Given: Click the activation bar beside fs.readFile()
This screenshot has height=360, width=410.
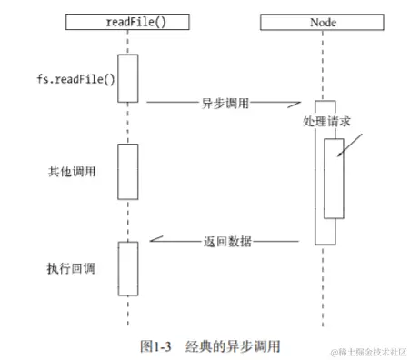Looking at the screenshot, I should pyautogui.click(x=127, y=78).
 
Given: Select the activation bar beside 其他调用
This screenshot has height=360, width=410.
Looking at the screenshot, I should pyautogui.click(x=127, y=171).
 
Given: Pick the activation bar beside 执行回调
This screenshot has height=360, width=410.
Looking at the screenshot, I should pyautogui.click(x=127, y=267).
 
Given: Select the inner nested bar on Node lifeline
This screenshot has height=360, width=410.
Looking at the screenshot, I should pyautogui.click(x=334, y=178).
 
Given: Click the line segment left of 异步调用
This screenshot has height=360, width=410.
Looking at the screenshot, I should pyautogui.click(x=167, y=102).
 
